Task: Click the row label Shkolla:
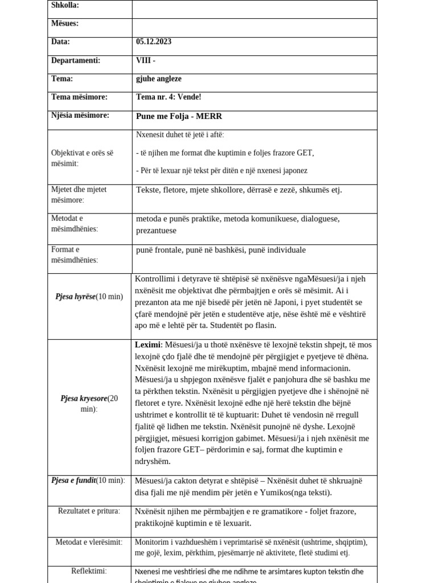point(65,6)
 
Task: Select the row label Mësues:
point(65,24)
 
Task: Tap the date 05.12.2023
point(154,42)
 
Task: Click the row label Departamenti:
point(76,61)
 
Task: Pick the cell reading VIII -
point(146,61)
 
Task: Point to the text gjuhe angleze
point(159,79)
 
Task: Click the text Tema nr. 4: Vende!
point(168,97)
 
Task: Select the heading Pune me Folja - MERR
point(179,117)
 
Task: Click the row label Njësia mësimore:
point(80,116)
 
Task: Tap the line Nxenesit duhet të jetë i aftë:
point(180,135)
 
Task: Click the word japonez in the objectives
point(294,171)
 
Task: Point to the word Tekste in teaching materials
point(149,190)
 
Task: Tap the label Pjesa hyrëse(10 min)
point(89,297)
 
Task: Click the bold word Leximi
point(148,345)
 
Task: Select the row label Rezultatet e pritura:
point(89,511)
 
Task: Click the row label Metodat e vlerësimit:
point(89,542)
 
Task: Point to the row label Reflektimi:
point(89,571)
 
